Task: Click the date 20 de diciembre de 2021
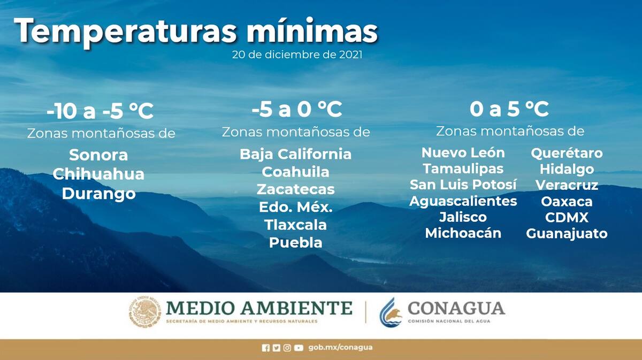(x=297, y=55)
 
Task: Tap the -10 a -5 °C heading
(x=100, y=111)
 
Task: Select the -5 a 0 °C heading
(x=297, y=109)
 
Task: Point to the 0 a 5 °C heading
(x=509, y=109)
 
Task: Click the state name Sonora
(x=98, y=155)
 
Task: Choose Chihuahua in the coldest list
(x=98, y=174)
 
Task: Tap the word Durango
(x=98, y=194)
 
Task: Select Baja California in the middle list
(x=295, y=154)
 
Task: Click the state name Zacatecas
(x=295, y=189)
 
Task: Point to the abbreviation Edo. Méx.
(x=295, y=207)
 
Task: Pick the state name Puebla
(x=295, y=242)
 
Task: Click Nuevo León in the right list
(x=463, y=152)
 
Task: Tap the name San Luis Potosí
(x=463, y=185)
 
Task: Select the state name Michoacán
(x=463, y=233)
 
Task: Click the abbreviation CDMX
(x=567, y=218)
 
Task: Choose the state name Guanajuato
(x=567, y=234)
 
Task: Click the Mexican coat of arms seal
(x=145, y=312)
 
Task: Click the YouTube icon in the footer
(x=299, y=348)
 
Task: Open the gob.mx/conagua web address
(x=340, y=347)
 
